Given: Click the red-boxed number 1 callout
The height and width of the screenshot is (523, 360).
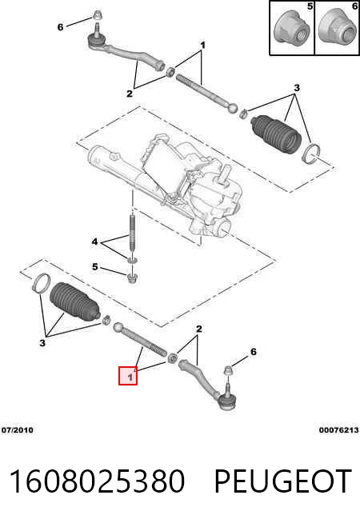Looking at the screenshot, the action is tap(128, 376).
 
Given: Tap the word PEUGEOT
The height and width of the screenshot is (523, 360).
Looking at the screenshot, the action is tap(282, 481).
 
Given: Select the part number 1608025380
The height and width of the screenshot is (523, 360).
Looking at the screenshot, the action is tap(97, 481).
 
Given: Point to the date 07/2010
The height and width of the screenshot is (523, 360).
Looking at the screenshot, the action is tap(18, 430).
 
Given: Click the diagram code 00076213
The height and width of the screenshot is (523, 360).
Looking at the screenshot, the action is tap(338, 430).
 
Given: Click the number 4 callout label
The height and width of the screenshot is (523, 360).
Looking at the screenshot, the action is tap(94, 242).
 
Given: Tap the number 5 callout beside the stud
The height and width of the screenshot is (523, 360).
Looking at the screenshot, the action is tap(95, 266).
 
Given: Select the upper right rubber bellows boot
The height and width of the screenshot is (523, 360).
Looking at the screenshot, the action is tap(276, 134).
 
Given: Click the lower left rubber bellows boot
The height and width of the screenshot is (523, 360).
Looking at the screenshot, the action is tap(74, 302).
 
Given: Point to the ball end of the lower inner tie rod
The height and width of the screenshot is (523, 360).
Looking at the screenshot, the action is tap(118, 328).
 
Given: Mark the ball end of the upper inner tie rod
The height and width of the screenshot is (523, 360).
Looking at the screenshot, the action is tap(233, 108).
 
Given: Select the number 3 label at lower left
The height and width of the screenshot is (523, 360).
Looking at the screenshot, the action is tap(42, 342).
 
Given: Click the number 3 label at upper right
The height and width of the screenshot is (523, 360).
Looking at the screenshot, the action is tap(297, 88).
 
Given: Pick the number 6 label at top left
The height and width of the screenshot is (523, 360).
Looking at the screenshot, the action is tap(60, 27).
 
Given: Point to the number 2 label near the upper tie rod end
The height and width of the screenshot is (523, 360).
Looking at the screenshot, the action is tap(130, 94).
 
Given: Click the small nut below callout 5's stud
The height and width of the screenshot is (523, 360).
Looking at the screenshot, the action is tap(133, 277).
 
